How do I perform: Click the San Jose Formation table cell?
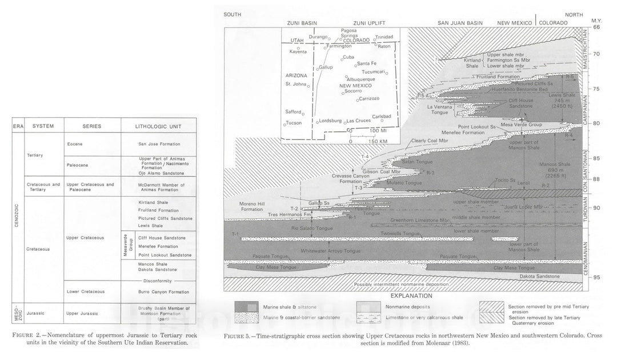pyautogui.click(x=158, y=144)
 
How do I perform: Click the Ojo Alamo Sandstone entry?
pyautogui.click(x=158, y=170)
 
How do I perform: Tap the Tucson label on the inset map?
pyautogui.click(x=294, y=123)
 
